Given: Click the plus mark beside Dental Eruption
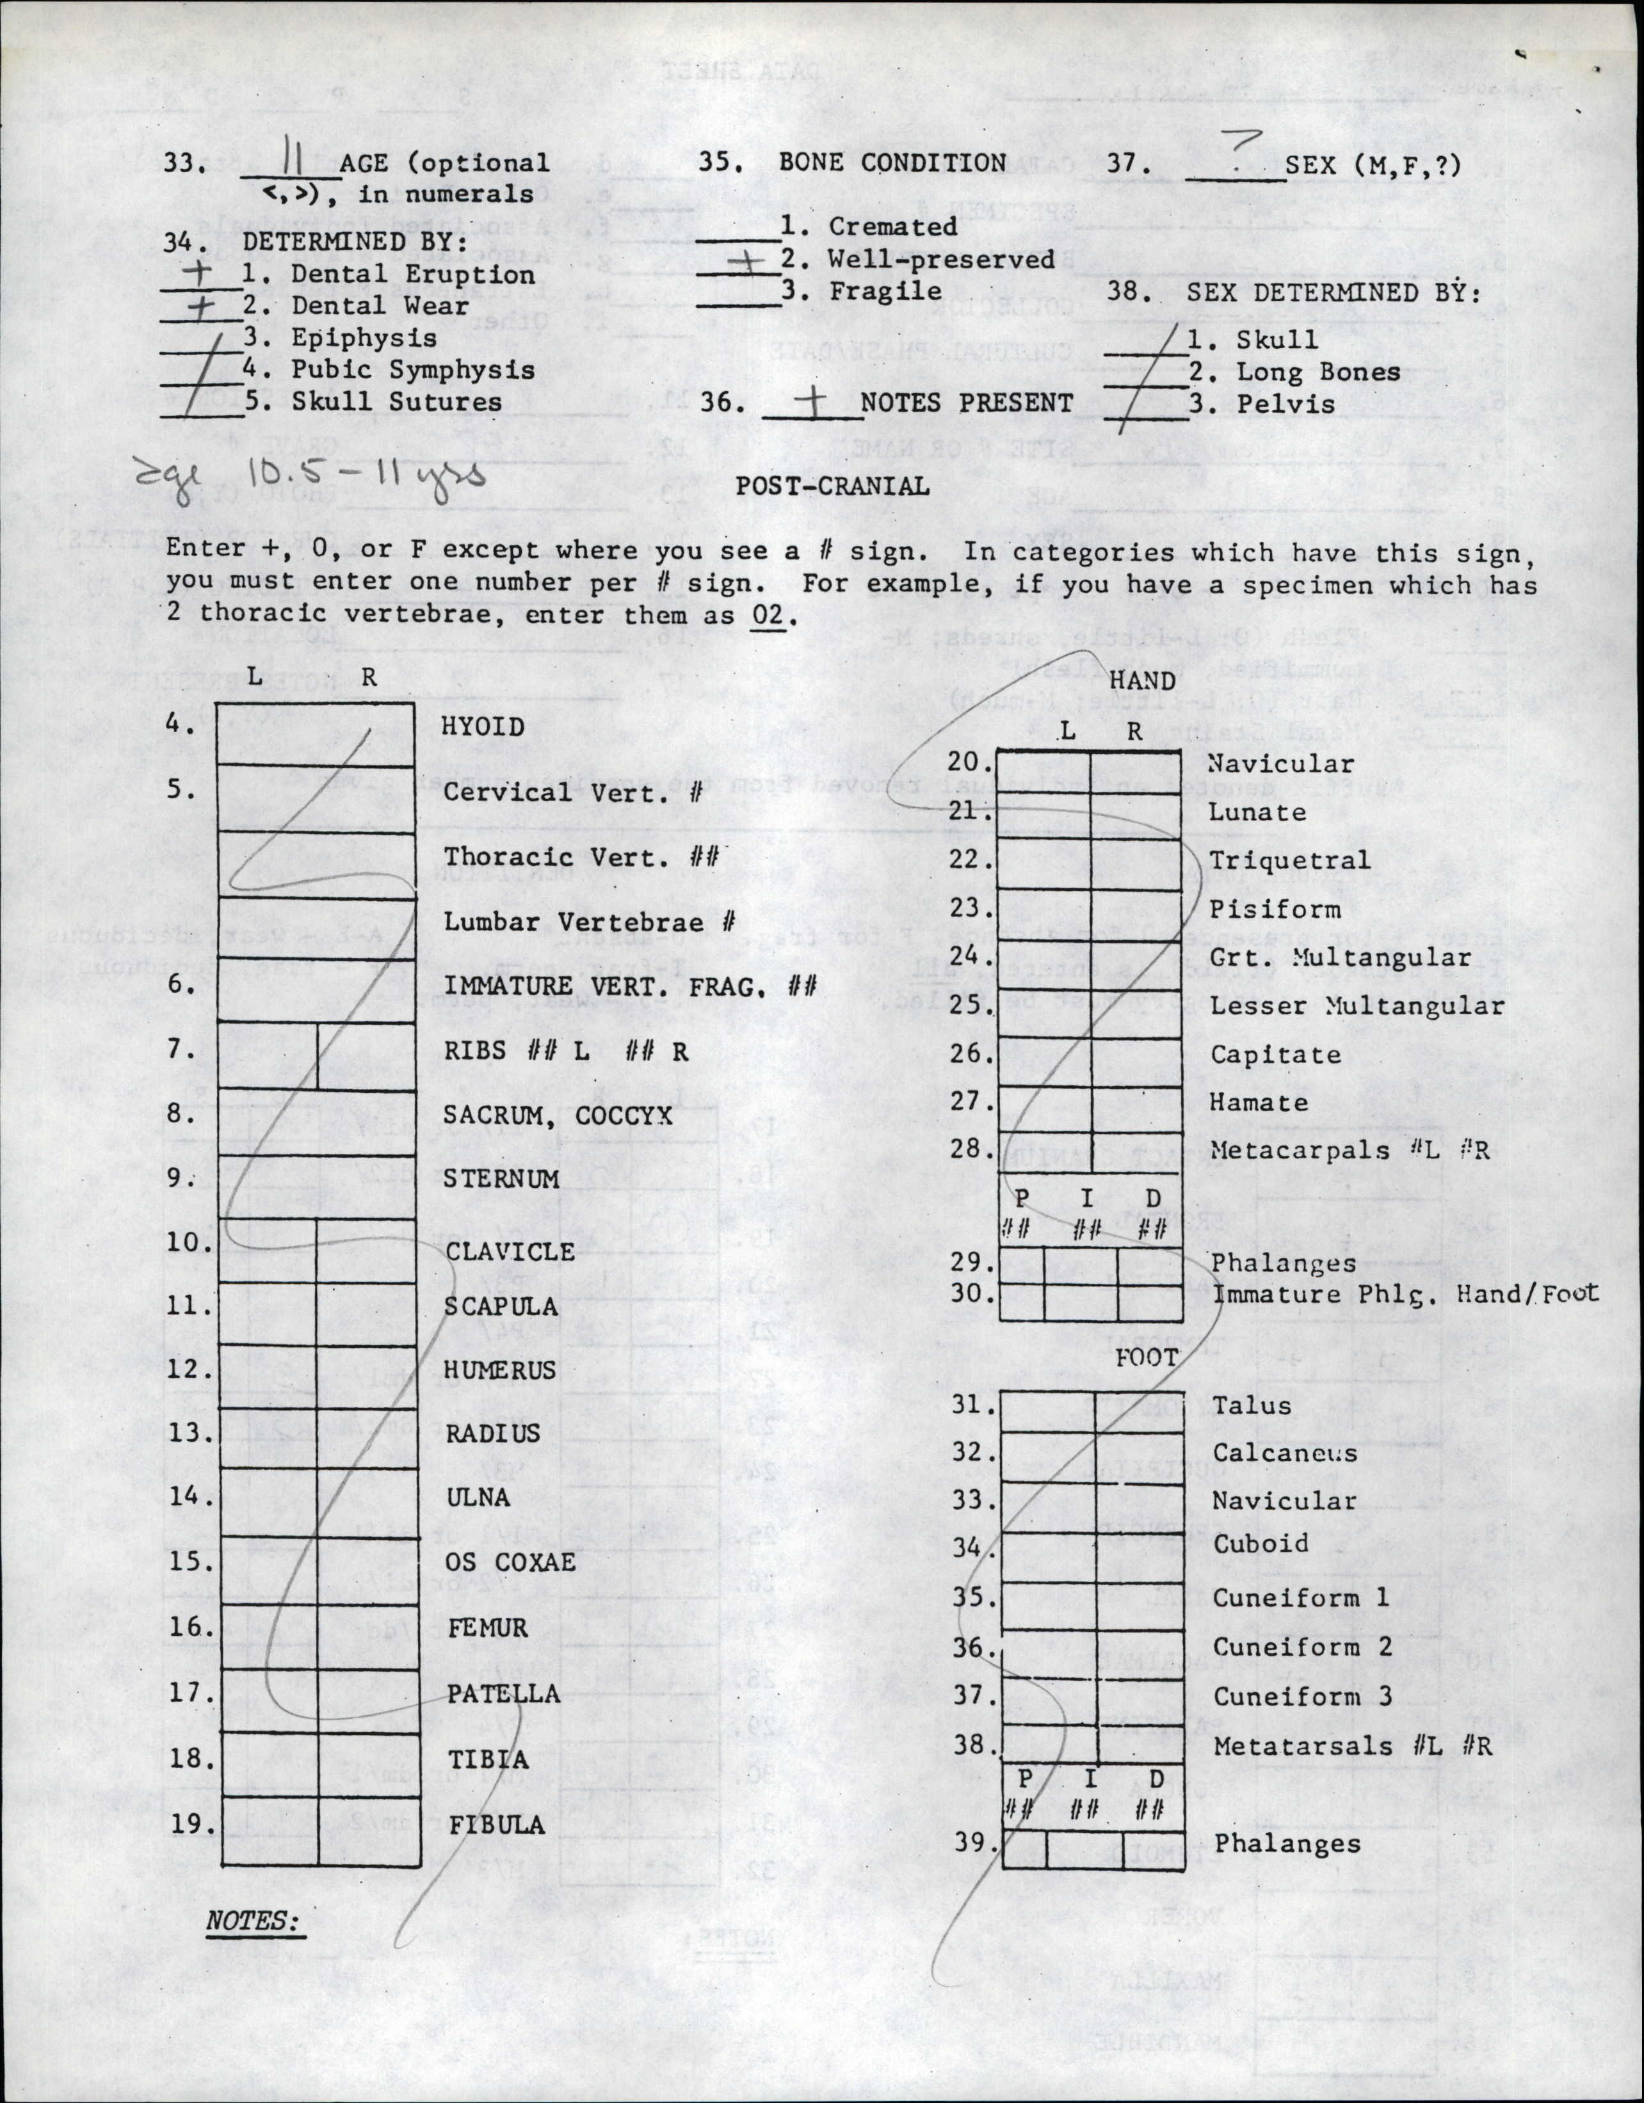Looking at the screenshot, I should click(x=198, y=273).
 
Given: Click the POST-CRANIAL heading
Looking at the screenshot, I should click(x=832, y=486).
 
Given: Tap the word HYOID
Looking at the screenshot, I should click(x=483, y=727).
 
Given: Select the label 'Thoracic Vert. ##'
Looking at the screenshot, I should click(x=581, y=857).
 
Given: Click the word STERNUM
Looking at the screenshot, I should click(x=501, y=1179).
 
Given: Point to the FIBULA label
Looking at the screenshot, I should click(x=496, y=1825).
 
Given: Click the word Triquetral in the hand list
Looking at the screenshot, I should click(x=1289, y=860).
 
